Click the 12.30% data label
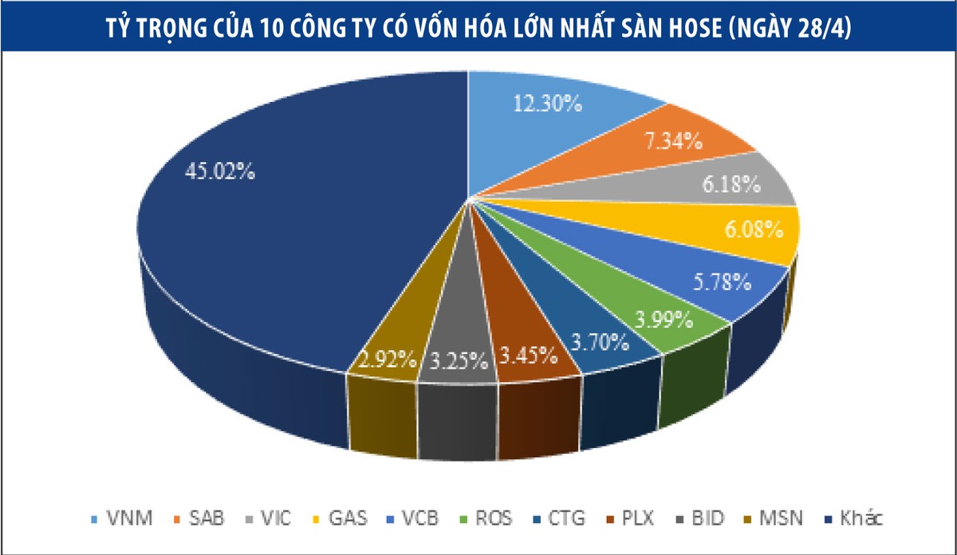548,104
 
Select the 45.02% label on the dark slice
221,171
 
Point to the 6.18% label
731,185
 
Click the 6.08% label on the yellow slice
752,230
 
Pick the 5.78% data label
719,281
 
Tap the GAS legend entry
341,519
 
